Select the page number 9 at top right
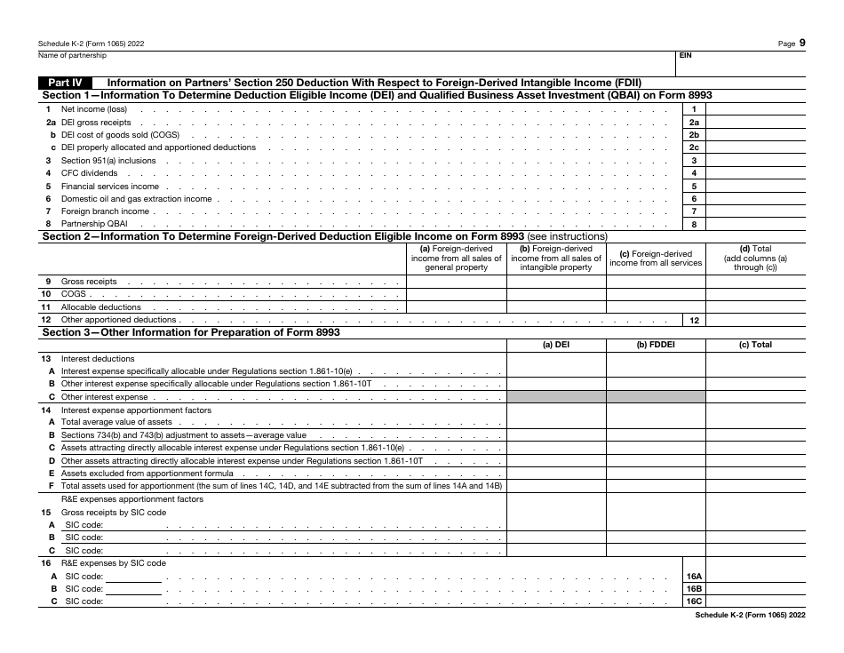click(802, 42)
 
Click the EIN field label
click(685, 55)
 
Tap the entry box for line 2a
click(755, 123)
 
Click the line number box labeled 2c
click(695, 147)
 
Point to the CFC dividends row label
click(89, 173)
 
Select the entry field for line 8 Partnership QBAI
click(755, 225)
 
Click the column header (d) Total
click(755, 259)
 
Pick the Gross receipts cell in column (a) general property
click(457, 282)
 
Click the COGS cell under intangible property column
click(556, 294)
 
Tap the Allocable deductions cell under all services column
click(656, 307)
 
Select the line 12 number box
click(695, 320)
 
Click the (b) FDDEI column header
click(656, 345)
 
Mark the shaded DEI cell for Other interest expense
click(556, 397)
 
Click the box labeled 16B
click(695, 589)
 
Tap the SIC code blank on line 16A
click(133, 577)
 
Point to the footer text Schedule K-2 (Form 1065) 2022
click(750, 615)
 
